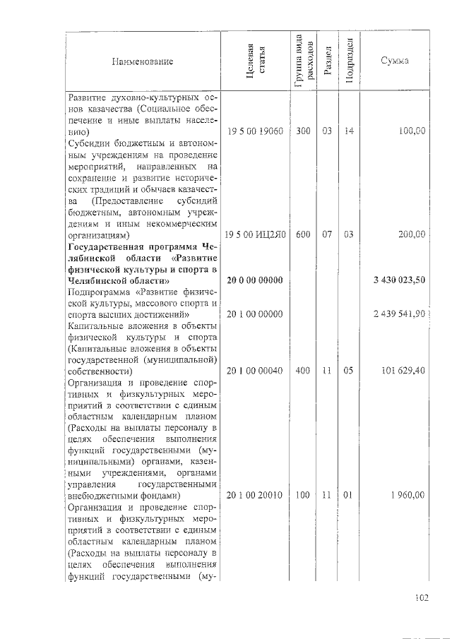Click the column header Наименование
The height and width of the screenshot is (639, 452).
click(142, 61)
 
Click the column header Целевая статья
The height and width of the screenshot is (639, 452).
click(254, 61)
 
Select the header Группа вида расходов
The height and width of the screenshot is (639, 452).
click(302, 61)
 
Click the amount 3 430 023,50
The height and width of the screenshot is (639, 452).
click(399, 280)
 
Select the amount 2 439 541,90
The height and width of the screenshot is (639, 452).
click(399, 314)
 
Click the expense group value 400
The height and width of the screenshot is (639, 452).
click(303, 371)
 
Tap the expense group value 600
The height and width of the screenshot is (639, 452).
click(303, 234)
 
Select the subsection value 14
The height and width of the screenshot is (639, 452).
click(348, 131)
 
